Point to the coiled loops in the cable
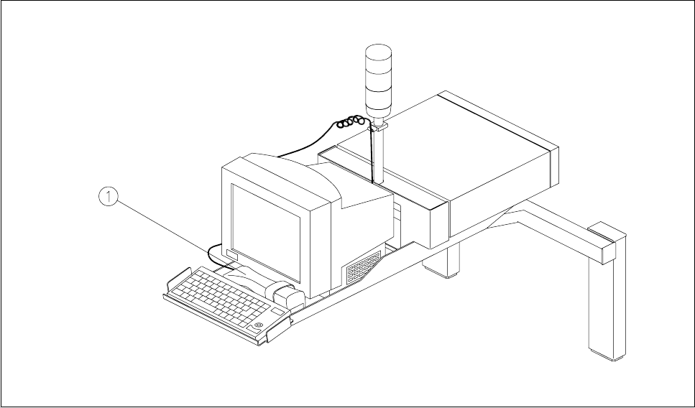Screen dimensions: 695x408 (x=351, y=123)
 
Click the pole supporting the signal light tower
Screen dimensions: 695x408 (x=379, y=154)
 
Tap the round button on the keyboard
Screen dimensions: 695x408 (x=258, y=326)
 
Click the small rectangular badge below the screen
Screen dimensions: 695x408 (x=231, y=254)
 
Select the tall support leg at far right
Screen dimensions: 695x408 (x=605, y=309)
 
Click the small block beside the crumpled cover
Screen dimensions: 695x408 (x=287, y=295)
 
